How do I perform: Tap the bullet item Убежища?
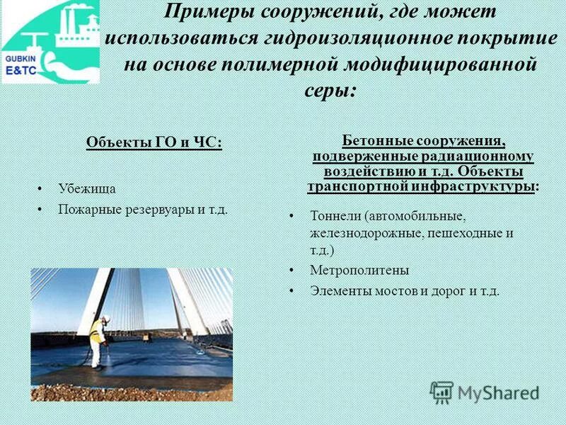pos(87,189)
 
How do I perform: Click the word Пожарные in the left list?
pos(88,210)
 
